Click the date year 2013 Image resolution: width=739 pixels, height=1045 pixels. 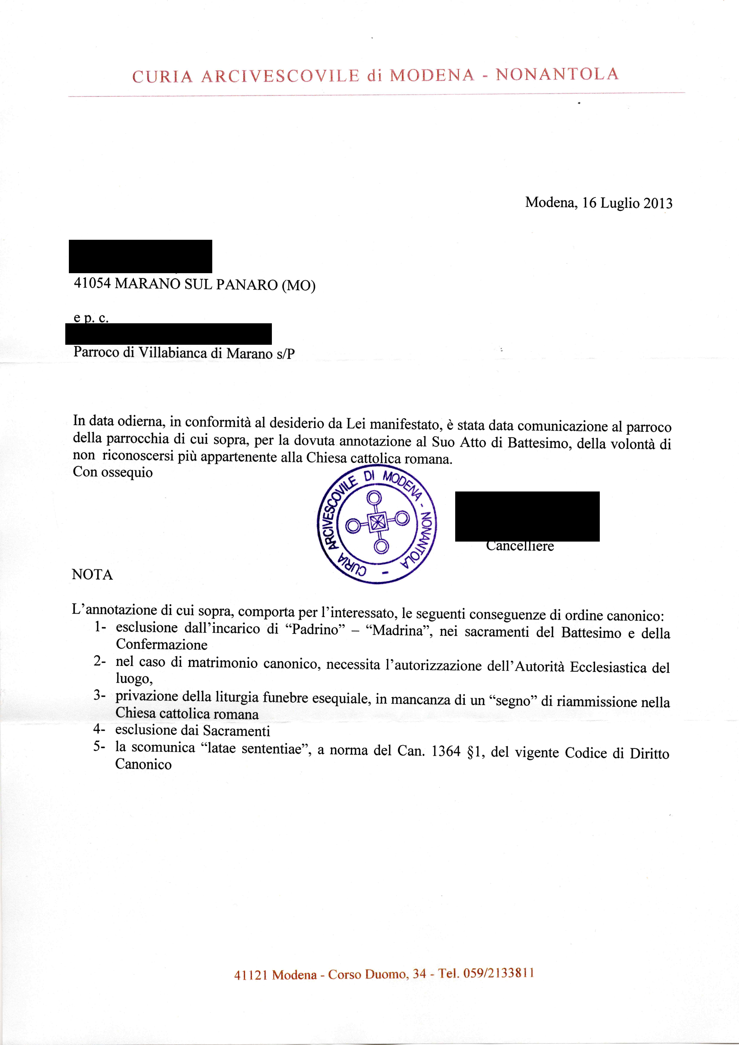(x=658, y=203)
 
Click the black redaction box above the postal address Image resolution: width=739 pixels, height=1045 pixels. (x=140, y=256)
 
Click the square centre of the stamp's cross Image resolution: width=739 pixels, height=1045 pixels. (x=377, y=523)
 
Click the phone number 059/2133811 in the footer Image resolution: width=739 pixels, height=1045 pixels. (x=498, y=973)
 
